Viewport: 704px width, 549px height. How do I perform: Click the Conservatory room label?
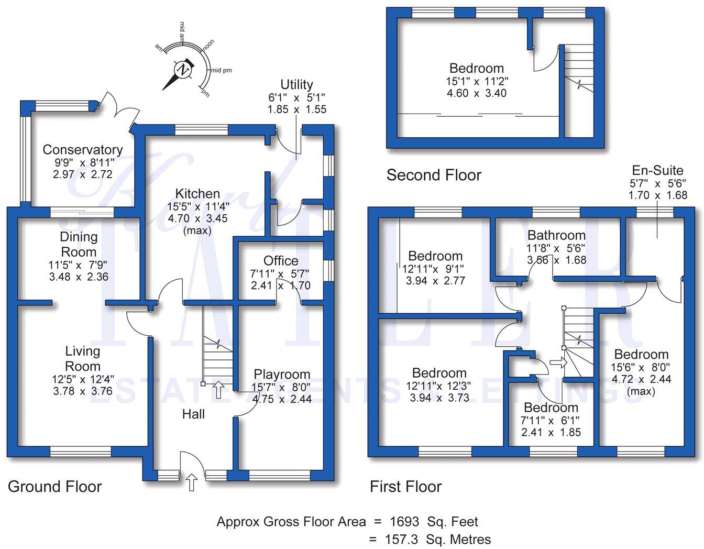tap(82, 150)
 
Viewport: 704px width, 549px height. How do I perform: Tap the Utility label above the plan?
tap(296, 84)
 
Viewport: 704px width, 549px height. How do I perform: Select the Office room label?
tap(281, 261)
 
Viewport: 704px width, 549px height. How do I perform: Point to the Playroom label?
tap(282, 375)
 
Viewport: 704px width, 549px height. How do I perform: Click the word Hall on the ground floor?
tap(193, 414)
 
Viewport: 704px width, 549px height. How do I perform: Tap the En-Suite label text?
tap(657, 170)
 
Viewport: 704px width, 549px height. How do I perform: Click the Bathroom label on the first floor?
tap(556, 235)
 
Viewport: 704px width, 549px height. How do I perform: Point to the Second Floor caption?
tap(434, 175)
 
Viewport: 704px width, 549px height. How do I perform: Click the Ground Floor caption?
tap(54, 487)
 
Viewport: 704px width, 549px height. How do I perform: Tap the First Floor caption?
tap(406, 487)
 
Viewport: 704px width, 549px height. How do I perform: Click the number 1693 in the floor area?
tap(404, 522)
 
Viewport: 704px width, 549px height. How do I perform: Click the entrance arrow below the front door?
tap(192, 482)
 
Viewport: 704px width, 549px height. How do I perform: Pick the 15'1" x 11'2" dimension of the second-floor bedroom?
tap(477, 81)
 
